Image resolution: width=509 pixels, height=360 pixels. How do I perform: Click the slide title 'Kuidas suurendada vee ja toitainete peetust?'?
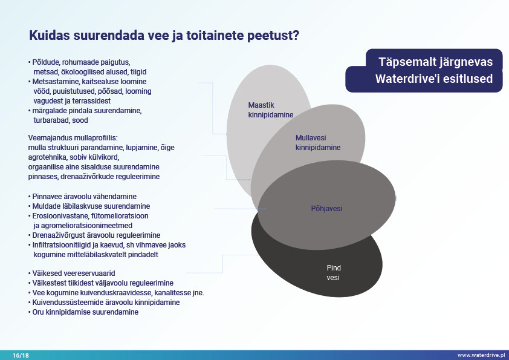164,36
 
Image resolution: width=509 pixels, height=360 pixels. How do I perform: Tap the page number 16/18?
21,355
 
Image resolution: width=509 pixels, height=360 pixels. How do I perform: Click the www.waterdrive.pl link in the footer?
481,355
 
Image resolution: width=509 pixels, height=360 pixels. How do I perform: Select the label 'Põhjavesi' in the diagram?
326,209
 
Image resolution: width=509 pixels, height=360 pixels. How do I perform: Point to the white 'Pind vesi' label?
334,273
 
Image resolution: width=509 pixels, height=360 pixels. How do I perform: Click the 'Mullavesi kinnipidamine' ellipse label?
318,143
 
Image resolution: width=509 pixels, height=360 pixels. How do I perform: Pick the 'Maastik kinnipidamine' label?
271,110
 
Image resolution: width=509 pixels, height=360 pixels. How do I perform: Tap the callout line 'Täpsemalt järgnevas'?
436,62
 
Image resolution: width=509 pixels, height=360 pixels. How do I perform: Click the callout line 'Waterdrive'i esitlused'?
434,79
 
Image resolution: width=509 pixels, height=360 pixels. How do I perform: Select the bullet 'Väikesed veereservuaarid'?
72,273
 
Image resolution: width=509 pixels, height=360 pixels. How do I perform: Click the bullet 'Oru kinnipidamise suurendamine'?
83,312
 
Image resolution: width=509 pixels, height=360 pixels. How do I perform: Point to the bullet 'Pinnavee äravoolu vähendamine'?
82,197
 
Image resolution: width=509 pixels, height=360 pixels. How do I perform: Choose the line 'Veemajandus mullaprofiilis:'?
73,138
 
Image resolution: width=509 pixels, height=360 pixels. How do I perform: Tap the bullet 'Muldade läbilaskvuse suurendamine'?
89,206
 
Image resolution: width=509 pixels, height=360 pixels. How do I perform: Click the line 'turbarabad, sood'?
60,120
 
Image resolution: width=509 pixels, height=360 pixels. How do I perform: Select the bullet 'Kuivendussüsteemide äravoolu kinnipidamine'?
104,303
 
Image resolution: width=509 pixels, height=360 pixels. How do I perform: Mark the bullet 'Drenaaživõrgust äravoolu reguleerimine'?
94,235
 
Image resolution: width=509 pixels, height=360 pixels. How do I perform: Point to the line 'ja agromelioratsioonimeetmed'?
83,226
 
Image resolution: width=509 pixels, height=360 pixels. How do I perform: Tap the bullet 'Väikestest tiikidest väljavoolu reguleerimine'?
100,283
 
